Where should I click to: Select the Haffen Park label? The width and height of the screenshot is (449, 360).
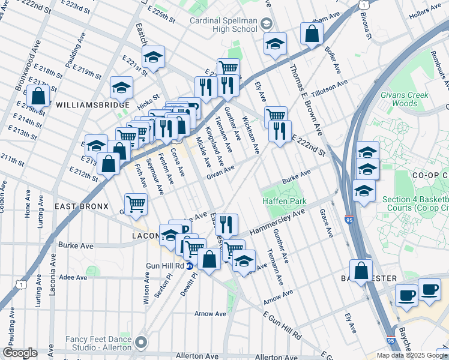[284, 202]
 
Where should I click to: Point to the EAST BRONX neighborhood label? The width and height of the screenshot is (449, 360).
[81, 206]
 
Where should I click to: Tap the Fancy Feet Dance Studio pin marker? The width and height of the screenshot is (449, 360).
[141, 343]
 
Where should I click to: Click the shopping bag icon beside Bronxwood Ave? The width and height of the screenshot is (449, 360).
[38, 96]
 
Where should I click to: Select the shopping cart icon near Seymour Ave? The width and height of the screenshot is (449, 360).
[136, 204]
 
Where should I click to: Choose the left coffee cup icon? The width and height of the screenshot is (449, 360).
[406, 296]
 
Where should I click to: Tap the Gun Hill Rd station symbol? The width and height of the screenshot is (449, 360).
[190, 265]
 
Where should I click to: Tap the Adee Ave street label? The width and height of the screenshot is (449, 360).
[74, 277]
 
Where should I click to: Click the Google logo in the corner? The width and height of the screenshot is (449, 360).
[20, 353]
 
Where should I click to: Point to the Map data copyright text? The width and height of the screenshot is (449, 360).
[412, 355]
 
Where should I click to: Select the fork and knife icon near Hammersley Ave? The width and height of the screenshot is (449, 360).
[226, 224]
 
